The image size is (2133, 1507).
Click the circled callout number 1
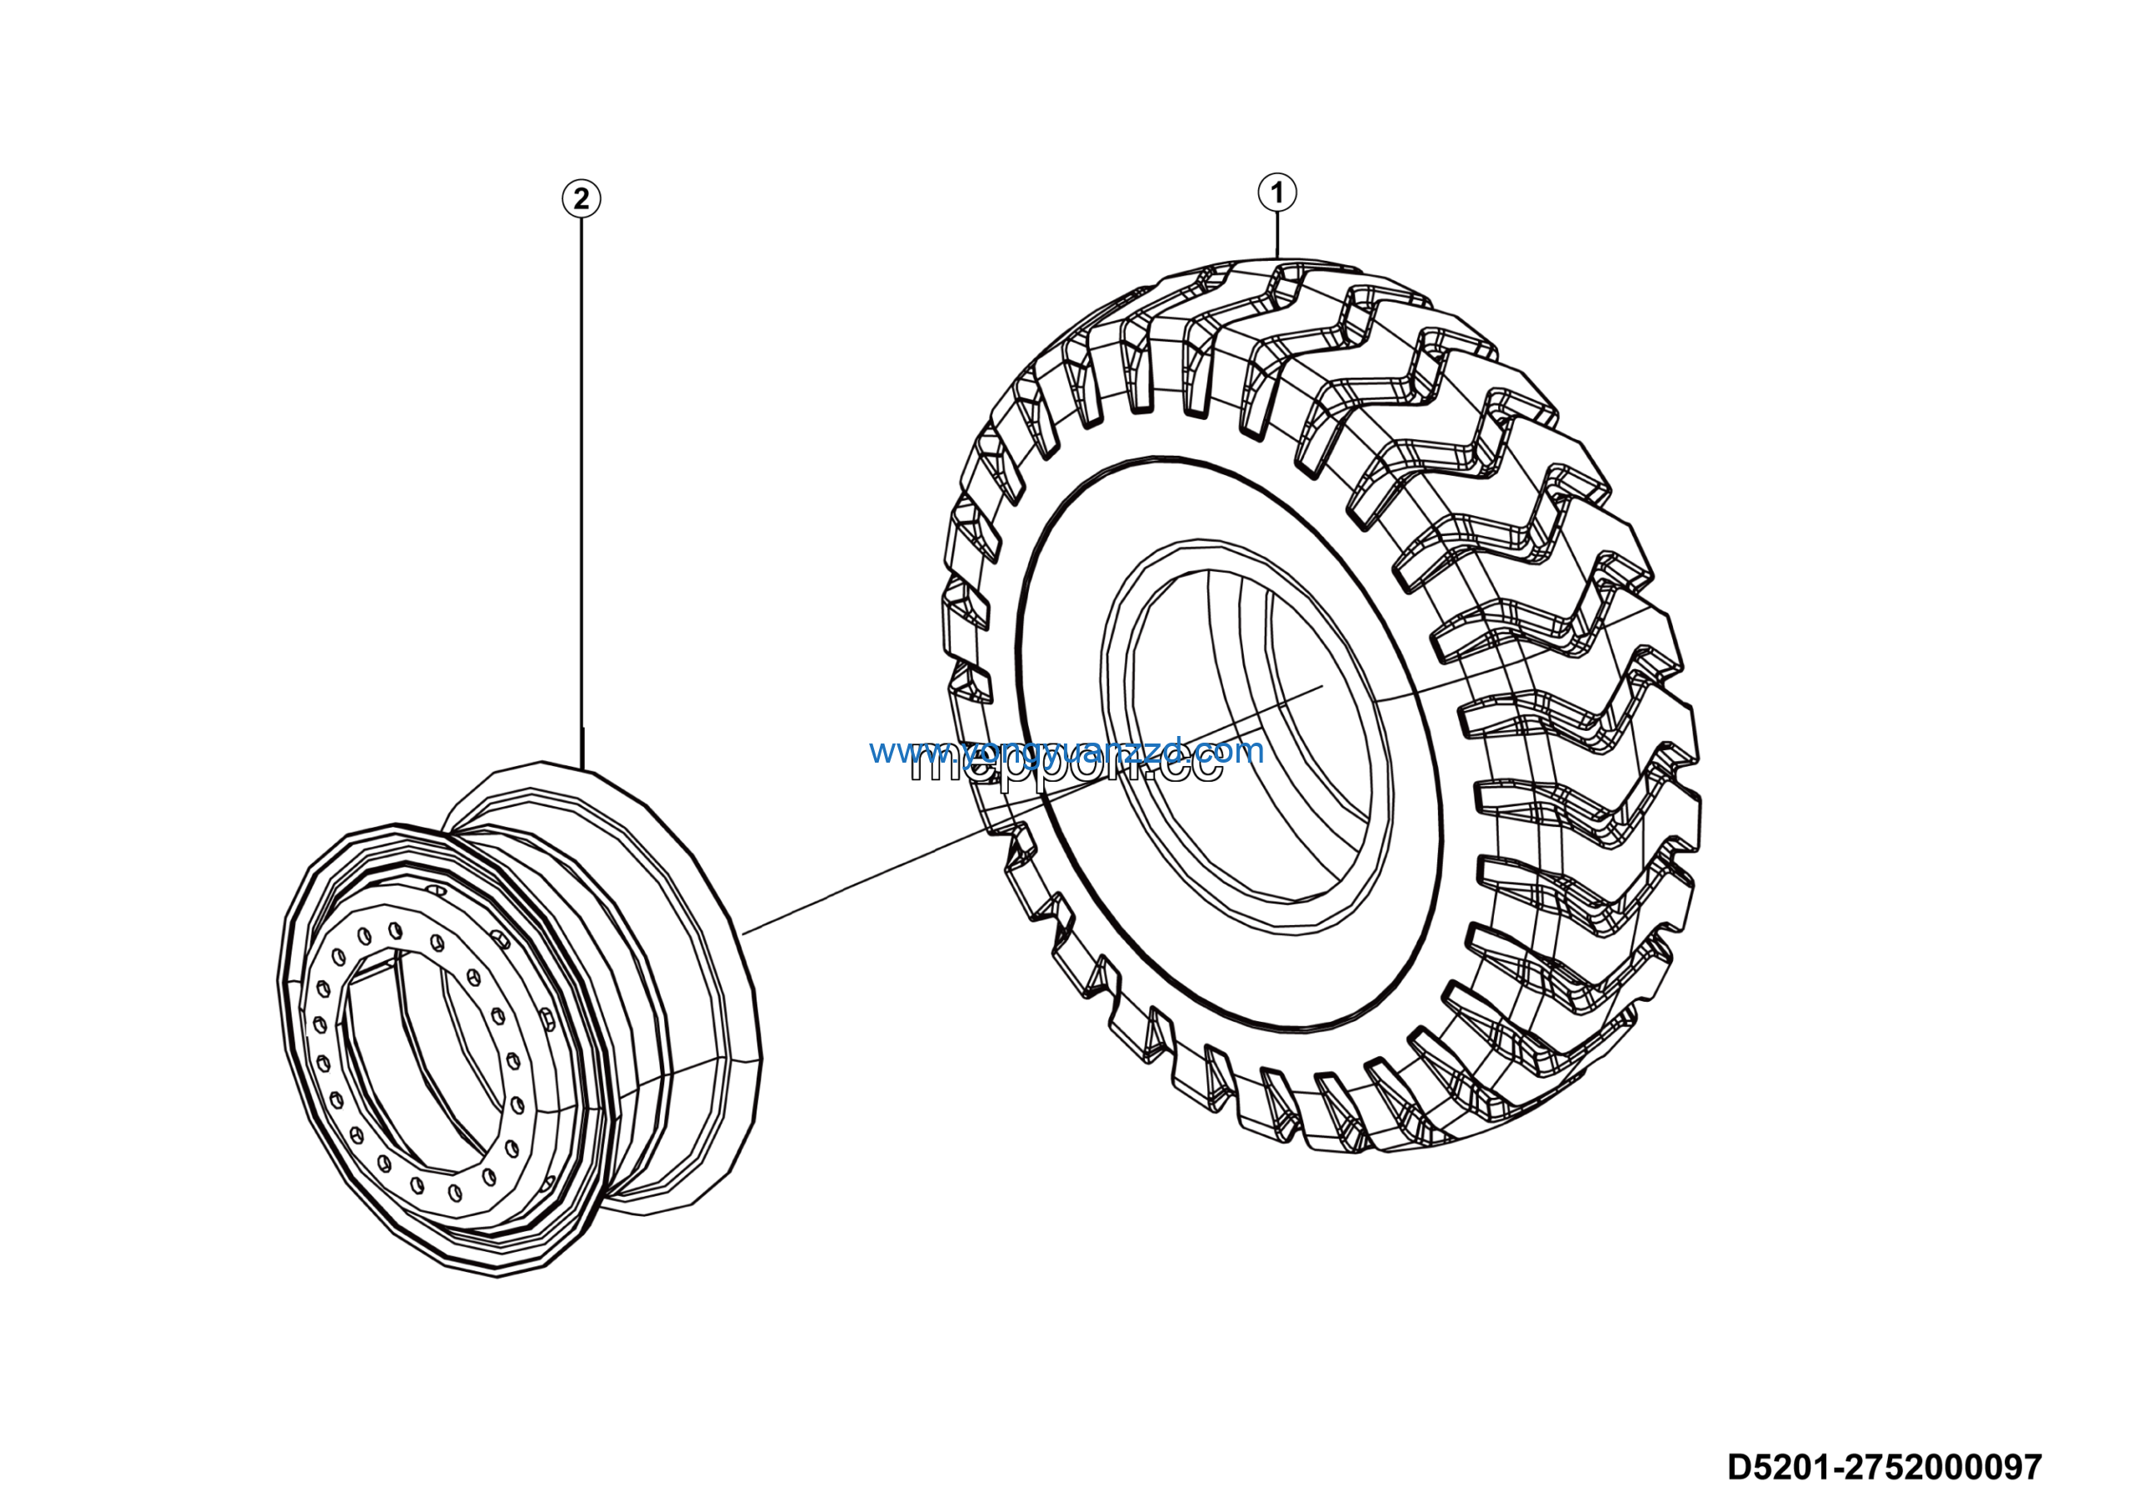1276,193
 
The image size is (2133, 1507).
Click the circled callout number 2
582,199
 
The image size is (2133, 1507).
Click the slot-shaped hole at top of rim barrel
436,890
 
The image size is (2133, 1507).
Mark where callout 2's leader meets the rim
582,769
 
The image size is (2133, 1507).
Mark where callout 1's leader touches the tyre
1278,258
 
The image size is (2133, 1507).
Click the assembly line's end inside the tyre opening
1322,687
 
